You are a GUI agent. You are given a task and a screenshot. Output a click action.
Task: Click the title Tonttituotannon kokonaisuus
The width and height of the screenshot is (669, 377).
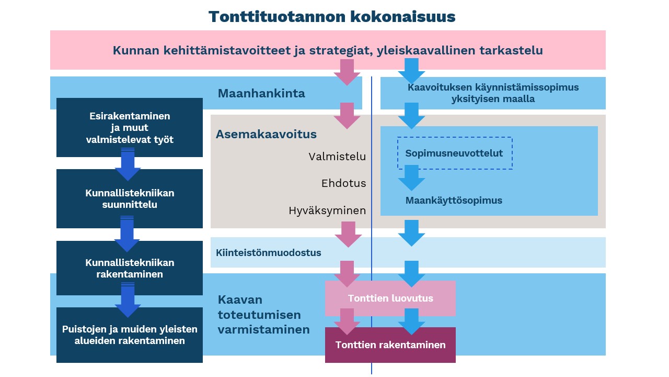coord(332,17)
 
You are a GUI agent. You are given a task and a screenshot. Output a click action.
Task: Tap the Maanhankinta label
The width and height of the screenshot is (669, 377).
coord(261,93)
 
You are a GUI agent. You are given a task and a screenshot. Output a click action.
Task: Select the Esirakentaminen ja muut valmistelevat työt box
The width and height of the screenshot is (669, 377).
coord(129,127)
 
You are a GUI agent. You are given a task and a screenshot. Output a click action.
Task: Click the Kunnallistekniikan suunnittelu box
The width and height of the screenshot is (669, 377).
coord(129,198)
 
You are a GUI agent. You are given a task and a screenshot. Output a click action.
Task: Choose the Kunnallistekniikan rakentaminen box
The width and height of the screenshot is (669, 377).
coord(129,268)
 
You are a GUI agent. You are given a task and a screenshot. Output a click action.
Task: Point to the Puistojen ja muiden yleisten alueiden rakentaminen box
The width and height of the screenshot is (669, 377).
coord(129,335)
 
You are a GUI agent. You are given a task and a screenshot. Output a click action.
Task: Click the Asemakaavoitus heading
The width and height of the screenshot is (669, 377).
coord(266,135)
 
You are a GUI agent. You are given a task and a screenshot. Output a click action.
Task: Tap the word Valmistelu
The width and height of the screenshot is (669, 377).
coord(337,157)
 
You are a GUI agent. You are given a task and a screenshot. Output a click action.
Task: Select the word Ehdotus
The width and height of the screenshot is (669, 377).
coord(344,183)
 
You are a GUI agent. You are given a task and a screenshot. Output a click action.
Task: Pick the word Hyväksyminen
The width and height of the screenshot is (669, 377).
coord(327,210)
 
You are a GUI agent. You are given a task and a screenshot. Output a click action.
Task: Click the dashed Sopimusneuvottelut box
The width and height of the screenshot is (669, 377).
coord(455,153)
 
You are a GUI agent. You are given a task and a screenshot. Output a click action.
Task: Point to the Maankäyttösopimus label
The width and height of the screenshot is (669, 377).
coord(454,200)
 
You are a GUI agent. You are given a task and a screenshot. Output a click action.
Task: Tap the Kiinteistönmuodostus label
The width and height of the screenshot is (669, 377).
coord(269,252)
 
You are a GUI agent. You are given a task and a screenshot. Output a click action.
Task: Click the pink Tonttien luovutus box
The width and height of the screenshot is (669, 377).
coord(390,298)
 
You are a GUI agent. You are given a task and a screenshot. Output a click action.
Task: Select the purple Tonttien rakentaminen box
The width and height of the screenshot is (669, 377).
coord(390,345)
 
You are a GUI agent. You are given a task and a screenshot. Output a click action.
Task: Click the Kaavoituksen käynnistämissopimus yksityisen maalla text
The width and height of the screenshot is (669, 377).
coord(493,93)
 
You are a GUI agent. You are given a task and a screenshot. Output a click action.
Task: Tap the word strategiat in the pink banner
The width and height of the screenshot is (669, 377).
coord(340,51)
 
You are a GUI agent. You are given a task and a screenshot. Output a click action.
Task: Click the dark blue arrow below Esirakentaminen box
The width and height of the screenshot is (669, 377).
coord(128,164)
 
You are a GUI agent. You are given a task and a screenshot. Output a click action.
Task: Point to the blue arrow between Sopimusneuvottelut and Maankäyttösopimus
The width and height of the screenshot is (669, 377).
coord(411,178)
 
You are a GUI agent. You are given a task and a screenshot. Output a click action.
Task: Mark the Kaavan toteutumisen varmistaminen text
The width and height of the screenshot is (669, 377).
coord(263,315)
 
